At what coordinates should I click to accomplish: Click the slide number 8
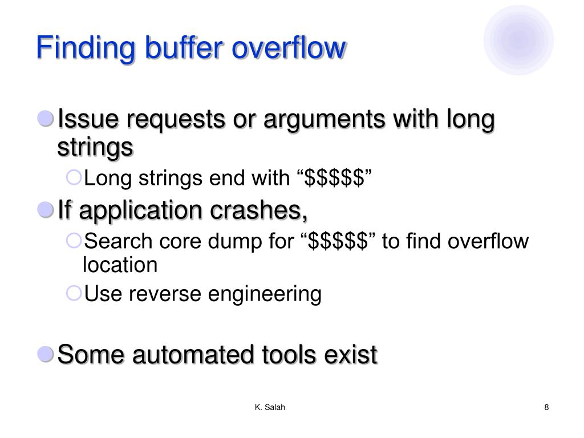(546, 407)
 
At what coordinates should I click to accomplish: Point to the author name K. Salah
(270, 407)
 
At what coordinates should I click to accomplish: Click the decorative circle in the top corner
(518, 40)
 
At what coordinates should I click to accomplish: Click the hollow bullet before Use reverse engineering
(74, 293)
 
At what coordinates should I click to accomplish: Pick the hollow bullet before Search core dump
(74, 241)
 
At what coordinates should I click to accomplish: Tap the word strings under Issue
(95, 147)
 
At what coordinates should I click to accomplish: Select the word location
(120, 265)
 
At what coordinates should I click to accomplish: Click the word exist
(350, 355)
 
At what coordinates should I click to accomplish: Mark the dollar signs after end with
(335, 179)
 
